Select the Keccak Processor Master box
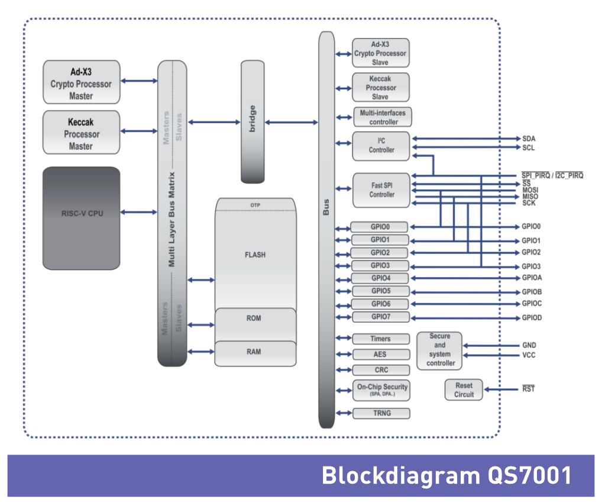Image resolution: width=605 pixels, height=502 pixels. pyautogui.click(x=81, y=133)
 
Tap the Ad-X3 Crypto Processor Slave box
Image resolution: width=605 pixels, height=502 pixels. pyautogui.click(x=380, y=53)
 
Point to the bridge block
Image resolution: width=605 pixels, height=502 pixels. pyautogui.click(x=253, y=121)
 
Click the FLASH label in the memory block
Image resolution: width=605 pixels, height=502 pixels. pyautogui.click(x=255, y=255)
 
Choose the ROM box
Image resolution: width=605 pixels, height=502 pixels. pyautogui.click(x=254, y=319)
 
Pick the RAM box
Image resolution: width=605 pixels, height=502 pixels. pyautogui.click(x=254, y=352)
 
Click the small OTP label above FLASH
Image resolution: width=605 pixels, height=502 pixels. pyautogui.click(x=255, y=205)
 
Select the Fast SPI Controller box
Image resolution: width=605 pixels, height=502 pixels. pyautogui.click(x=381, y=190)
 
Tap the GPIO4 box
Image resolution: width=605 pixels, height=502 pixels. pyautogui.click(x=380, y=278)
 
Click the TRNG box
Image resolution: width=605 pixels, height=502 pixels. pyautogui.click(x=381, y=413)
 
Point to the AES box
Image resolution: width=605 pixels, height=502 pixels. pyautogui.click(x=380, y=355)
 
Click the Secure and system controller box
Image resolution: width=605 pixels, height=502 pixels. pyautogui.click(x=440, y=349)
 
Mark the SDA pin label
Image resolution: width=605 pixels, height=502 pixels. pyautogui.click(x=529, y=139)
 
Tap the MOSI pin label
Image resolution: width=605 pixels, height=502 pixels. pyautogui.click(x=530, y=189)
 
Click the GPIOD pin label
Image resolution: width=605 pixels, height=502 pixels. pyautogui.click(x=532, y=318)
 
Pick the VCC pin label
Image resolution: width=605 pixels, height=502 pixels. pyautogui.click(x=529, y=355)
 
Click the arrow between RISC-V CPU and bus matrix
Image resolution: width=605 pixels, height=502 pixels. pyautogui.click(x=138, y=212)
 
